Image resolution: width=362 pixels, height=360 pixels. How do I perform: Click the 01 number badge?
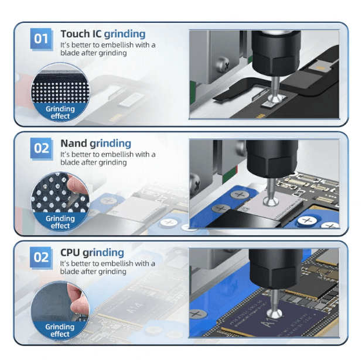pos(41,39)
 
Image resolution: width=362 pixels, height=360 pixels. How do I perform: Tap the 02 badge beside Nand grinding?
pos(41,148)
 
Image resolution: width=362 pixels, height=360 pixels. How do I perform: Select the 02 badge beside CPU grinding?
pos(41,258)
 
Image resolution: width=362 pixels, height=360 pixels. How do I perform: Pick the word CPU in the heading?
pos(70,253)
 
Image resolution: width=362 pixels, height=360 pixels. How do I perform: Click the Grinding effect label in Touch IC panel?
pos(60,112)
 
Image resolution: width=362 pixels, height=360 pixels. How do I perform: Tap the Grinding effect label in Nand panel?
pos(60,222)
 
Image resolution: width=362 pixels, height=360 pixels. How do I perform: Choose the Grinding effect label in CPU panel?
pos(60,331)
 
